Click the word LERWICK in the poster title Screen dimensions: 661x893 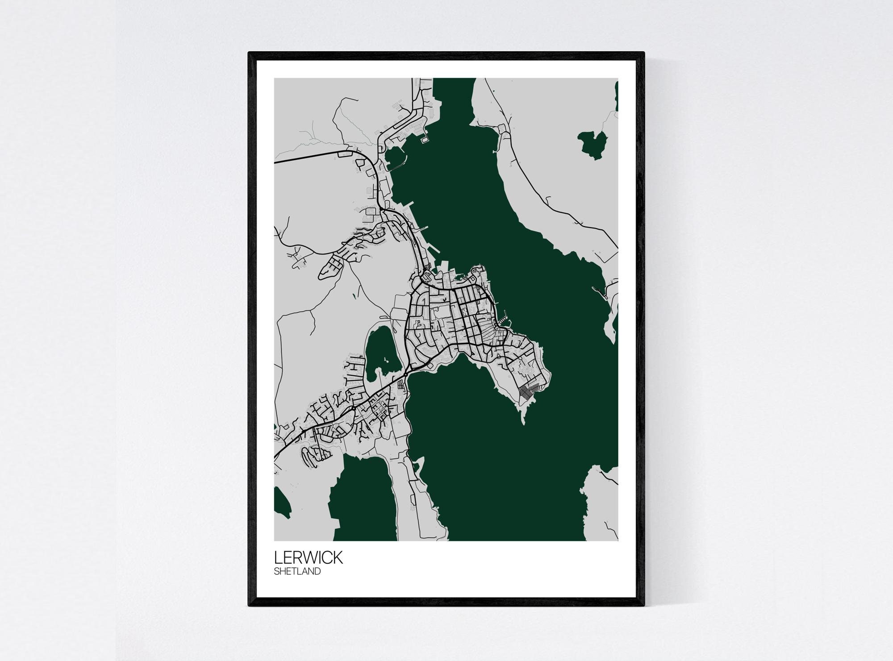point(308,557)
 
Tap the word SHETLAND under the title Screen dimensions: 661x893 point(297,571)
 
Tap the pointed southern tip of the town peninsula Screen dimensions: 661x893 point(523,422)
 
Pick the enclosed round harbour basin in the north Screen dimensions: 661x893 point(395,157)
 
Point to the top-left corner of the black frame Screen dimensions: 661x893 point(250,54)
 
